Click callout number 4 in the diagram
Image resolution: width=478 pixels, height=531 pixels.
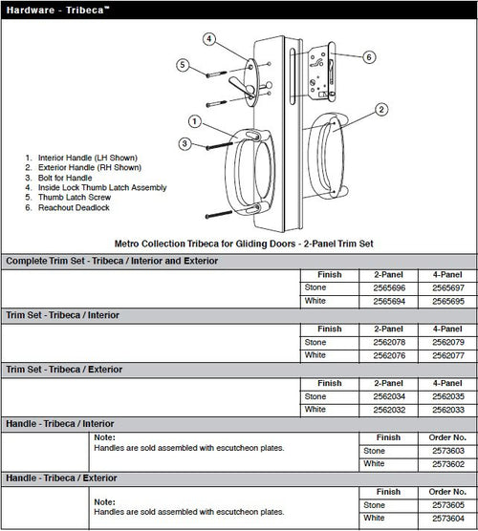(x=209, y=39)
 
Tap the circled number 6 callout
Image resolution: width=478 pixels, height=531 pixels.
(x=369, y=57)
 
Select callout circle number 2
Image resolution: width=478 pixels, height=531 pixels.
(x=381, y=110)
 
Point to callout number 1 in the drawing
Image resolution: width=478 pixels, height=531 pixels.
(x=195, y=121)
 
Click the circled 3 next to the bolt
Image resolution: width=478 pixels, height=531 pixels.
(x=185, y=143)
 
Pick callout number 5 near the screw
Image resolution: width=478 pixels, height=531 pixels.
(x=183, y=65)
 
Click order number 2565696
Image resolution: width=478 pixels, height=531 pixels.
(x=389, y=287)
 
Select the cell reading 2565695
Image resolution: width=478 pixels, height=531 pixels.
(x=448, y=301)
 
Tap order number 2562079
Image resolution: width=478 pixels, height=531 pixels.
(x=448, y=342)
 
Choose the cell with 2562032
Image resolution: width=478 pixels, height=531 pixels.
(x=389, y=410)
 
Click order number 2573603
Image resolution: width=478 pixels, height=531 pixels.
(x=448, y=451)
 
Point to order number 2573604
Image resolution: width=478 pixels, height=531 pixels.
(x=448, y=519)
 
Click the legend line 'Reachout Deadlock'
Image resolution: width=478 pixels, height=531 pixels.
(x=74, y=207)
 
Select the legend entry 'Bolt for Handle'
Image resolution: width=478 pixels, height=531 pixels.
(x=65, y=178)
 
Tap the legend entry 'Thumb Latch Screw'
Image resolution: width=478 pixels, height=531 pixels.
(x=75, y=197)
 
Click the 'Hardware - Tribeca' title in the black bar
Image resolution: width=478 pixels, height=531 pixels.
(x=57, y=10)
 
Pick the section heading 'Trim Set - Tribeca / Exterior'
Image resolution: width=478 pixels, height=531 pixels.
(x=64, y=370)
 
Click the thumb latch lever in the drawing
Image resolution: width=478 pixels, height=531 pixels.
(x=241, y=86)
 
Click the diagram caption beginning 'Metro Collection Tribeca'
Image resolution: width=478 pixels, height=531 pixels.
(x=244, y=244)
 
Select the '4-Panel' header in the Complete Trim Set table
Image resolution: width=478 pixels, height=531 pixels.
(x=447, y=275)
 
